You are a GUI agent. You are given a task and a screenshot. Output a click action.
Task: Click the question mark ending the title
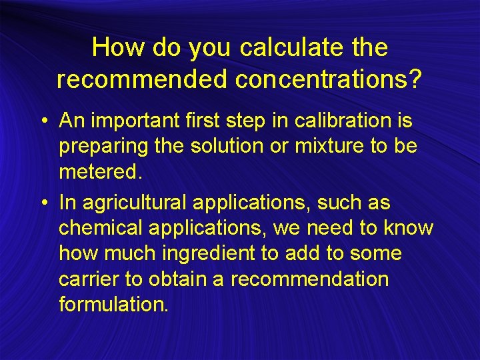tap(416, 79)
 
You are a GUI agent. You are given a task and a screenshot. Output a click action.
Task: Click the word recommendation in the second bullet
tap(309, 278)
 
